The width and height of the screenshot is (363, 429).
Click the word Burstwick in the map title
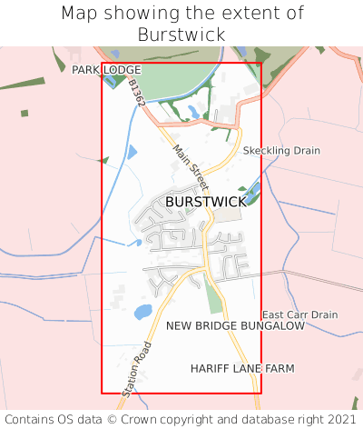[181, 35]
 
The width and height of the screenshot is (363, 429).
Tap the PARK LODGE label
[106, 69]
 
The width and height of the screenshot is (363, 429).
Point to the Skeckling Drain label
[281, 150]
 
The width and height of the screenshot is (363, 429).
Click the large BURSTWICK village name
[206, 202]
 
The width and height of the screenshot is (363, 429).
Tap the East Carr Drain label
[299, 314]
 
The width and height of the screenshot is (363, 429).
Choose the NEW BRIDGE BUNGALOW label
[234, 325]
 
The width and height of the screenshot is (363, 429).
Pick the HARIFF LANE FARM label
[242, 368]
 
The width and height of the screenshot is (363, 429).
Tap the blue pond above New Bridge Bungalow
[142, 312]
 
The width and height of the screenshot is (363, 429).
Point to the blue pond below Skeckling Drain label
[253, 190]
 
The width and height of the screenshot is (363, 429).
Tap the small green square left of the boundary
[25, 114]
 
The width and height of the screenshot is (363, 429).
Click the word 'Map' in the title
[81, 14]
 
